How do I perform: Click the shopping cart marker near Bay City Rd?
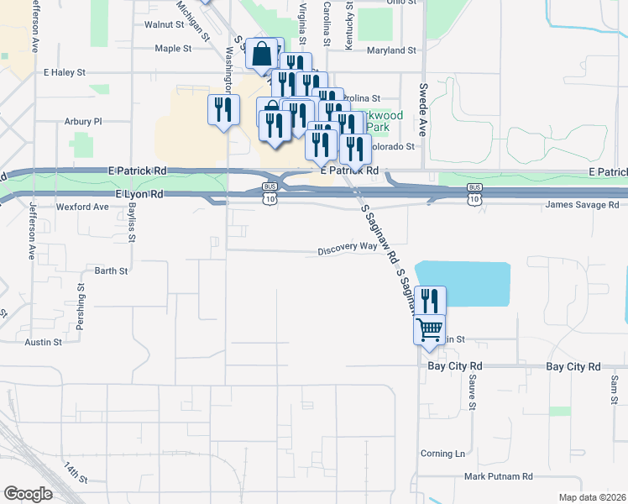pyautogui.click(x=430, y=329)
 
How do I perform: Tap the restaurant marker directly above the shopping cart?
pyautogui.click(x=430, y=300)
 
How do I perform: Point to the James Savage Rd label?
pyautogui.click(x=581, y=205)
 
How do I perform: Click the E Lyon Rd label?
pyautogui.click(x=137, y=194)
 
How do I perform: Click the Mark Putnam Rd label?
pyautogui.click(x=499, y=476)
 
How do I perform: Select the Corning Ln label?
pyautogui.click(x=442, y=454)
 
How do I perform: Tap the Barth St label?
pyautogui.click(x=111, y=270)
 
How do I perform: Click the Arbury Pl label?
pyautogui.click(x=83, y=121)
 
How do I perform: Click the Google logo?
pyautogui.click(x=28, y=494)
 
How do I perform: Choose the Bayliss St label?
pyautogui.click(x=132, y=223)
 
